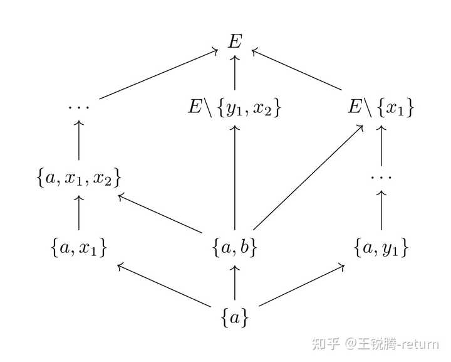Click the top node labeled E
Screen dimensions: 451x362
[x=235, y=41]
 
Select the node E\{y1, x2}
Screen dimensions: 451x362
[x=235, y=108]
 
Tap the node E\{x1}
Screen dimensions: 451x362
[x=381, y=108]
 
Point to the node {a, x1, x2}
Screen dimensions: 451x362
[x=79, y=178]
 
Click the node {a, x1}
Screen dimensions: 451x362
[x=79, y=248]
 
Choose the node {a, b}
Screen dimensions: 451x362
[x=235, y=248]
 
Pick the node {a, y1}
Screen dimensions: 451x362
[x=381, y=248]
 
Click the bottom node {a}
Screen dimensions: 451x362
[x=235, y=318]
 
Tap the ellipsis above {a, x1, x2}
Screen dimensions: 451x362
[x=79, y=107]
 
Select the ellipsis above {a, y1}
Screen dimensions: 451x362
[x=381, y=178]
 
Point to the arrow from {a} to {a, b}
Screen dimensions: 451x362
[x=235, y=282]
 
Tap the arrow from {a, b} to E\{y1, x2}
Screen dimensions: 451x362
[x=235, y=179]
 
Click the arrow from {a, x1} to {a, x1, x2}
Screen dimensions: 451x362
[x=79, y=213]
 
